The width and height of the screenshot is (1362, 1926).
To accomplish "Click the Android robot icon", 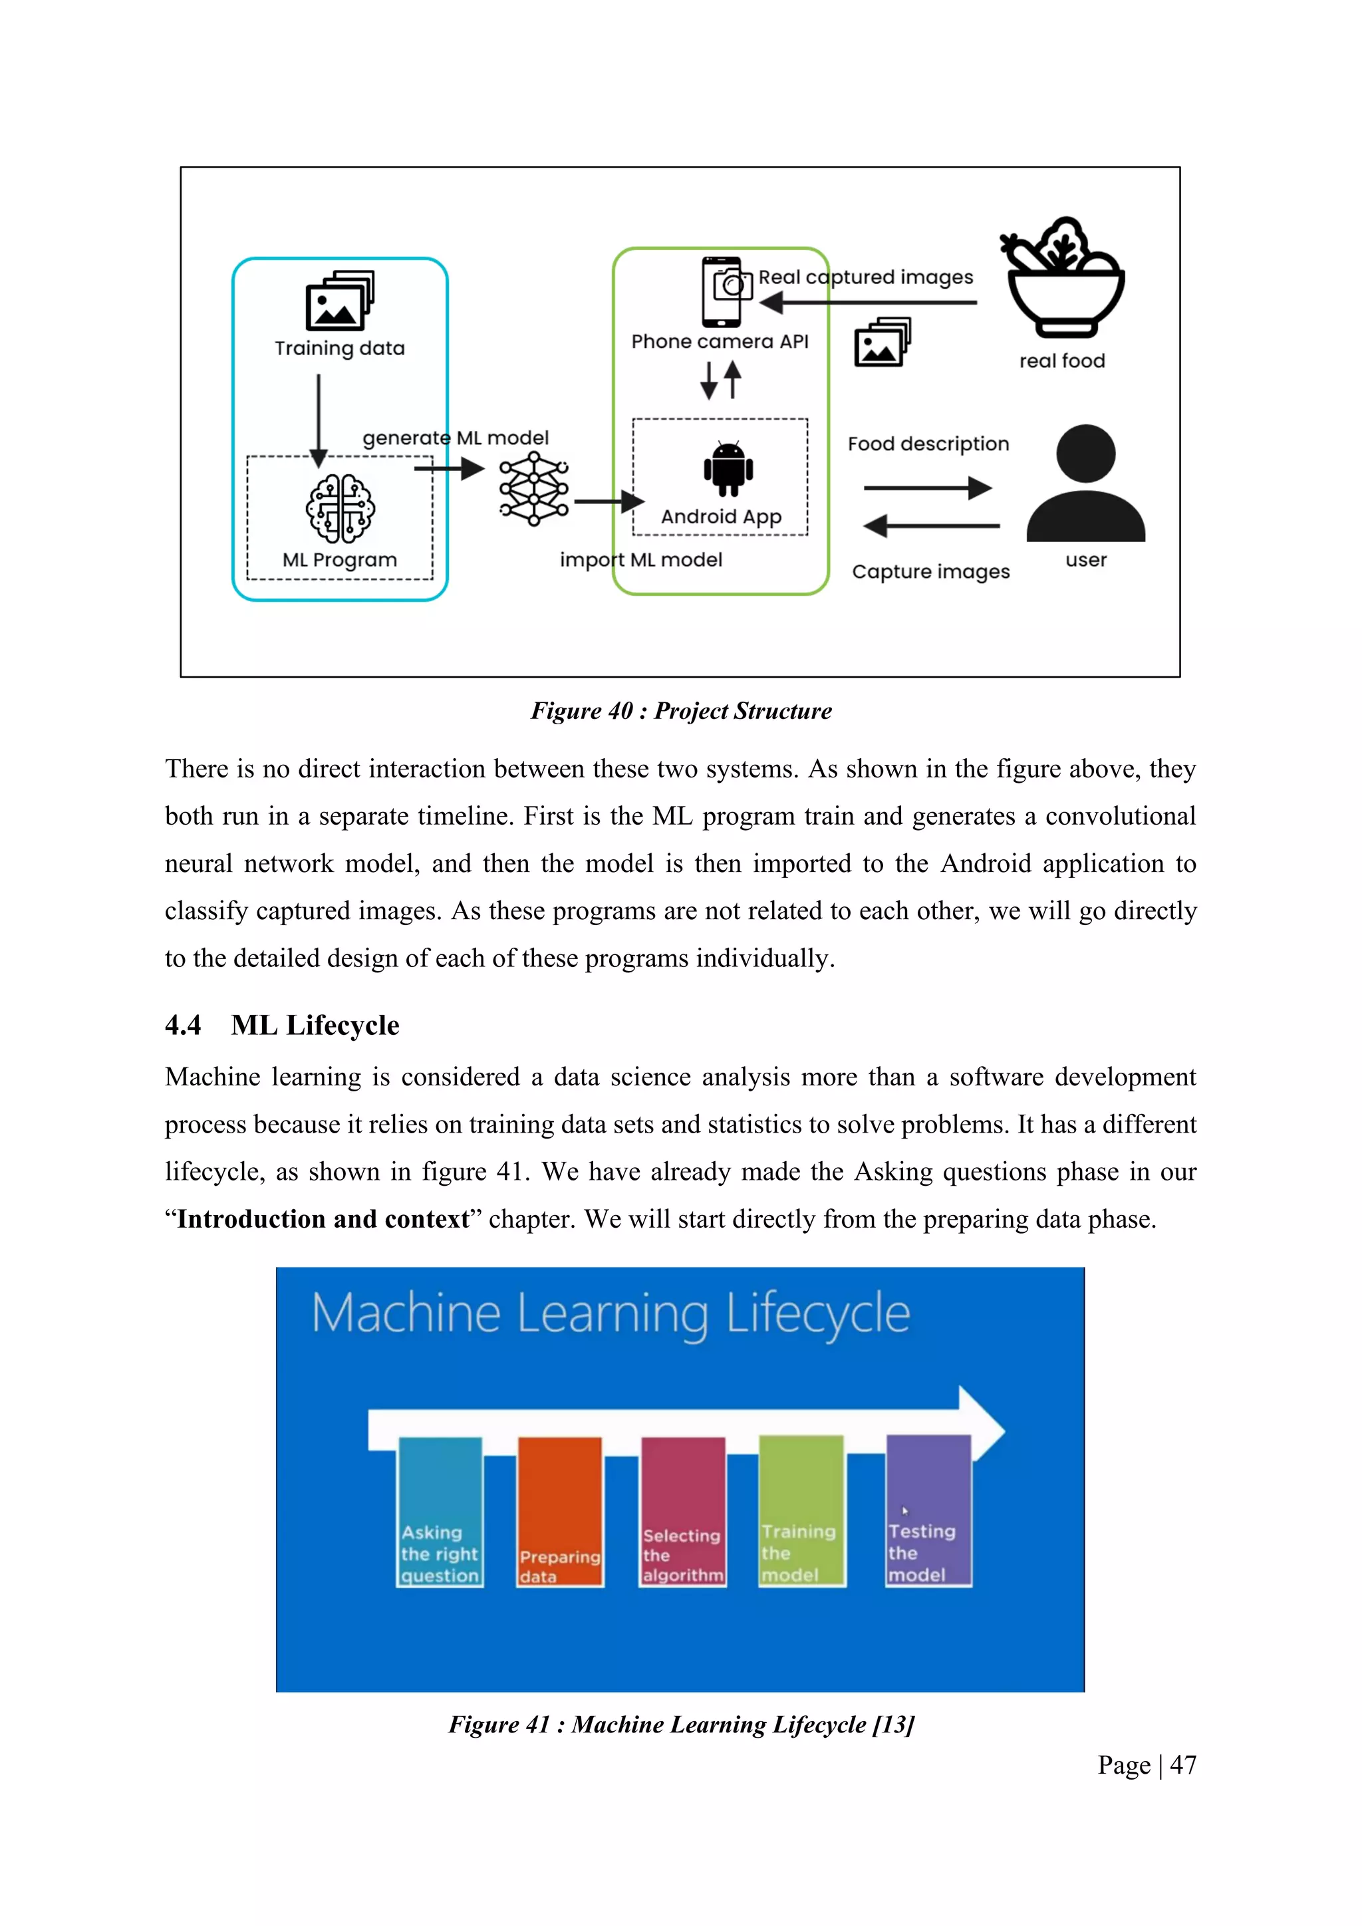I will click(728, 468).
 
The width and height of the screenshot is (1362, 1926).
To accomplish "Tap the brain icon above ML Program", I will click(340, 508).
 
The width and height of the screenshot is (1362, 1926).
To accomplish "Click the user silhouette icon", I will click(1085, 484).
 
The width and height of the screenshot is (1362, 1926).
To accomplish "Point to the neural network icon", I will click(533, 488).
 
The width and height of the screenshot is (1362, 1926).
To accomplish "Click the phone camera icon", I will click(726, 291).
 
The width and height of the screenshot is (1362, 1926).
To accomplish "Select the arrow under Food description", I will click(928, 487).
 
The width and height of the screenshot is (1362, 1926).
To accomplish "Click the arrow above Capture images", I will click(931, 526).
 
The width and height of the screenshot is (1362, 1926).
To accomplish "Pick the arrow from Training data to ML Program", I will click(319, 420).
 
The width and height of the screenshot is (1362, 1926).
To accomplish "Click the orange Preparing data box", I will click(559, 1512).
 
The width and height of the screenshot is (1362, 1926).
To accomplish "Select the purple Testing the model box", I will click(928, 1510).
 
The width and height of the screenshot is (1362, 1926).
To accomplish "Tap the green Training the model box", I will click(801, 1510).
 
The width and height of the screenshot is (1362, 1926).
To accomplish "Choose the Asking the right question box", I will click(440, 1512).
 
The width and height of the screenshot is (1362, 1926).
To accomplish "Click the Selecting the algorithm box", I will click(683, 1512).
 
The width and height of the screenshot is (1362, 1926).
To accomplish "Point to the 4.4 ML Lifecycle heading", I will click(282, 1025).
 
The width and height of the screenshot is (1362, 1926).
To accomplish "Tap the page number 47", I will click(1182, 1765).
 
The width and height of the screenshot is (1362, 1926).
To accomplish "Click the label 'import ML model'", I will click(640, 559).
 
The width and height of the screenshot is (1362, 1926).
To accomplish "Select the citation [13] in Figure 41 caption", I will click(893, 1724).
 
